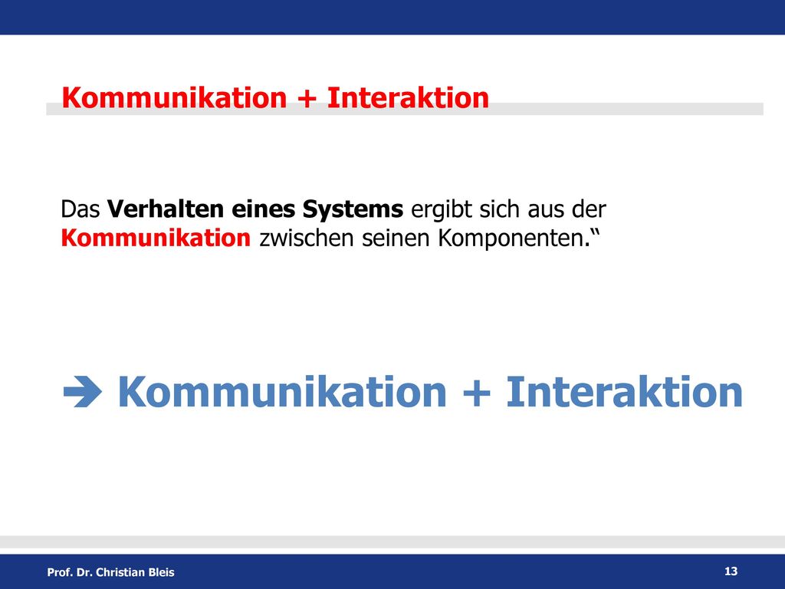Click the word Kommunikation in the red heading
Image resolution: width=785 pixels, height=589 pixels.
click(x=174, y=97)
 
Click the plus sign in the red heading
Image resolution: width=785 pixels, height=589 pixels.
click(x=307, y=98)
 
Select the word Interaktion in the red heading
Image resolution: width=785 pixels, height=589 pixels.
click(x=408, y=97)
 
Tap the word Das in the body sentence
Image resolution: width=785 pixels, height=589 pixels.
click(x=80, y=209)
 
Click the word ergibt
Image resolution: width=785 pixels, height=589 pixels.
click(x=441, y=210)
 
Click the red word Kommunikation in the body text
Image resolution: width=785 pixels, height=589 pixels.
click(x=156, y=238)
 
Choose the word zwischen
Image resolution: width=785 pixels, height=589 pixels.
click(x=307, y=238)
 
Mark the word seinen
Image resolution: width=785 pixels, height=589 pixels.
click(x=396, y=238)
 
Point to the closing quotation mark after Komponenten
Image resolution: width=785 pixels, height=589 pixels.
click(x=595, y=232)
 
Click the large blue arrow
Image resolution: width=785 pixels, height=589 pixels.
click(x=83, y=391)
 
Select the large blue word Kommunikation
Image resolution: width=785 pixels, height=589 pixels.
click(x=282, y=392)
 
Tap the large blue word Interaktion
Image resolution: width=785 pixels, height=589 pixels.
click(x=624, y=392)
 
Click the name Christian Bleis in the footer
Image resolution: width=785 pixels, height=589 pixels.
click(x=135, y=572)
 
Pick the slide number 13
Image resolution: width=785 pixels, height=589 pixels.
click(x=731, y=571)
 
